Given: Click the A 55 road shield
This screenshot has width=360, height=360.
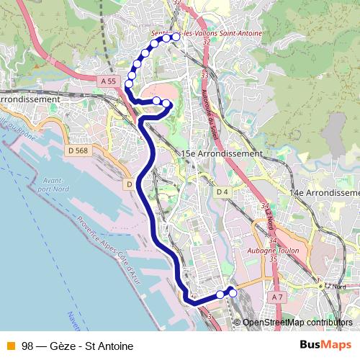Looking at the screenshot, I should pyautogui.click(x=109, y=82).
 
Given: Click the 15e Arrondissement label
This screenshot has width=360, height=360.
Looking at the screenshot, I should pyautogui.click(x=222, y=154).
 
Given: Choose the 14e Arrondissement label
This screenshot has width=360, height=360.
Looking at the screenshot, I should pyautogui.click(x=324, y=193).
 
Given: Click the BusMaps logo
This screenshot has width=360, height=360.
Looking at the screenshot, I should pyautogui.click(x=326, y=345).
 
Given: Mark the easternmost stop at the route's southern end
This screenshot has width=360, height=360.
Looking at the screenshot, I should pyautogui.click(x=233, y=293).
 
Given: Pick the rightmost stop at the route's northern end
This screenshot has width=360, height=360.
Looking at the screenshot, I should pyautogui.click(x=176, y=37).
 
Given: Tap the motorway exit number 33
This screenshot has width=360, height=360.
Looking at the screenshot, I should pyautogui.click(x=204, y=74).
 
